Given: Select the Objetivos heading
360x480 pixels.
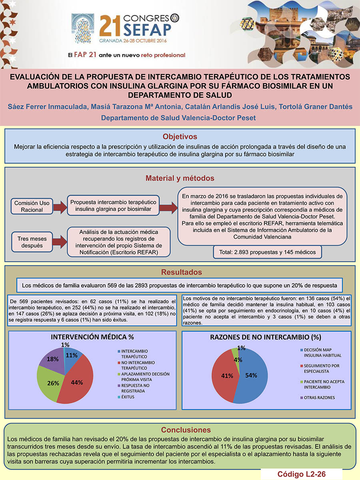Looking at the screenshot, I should click(180, 136).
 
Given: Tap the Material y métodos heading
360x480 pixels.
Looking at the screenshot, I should click(180, 178).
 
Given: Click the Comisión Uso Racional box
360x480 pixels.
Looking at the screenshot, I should click(32, 206).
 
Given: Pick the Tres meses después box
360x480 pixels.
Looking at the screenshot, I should click(32, 242).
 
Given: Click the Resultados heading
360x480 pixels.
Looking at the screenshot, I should click(180, 272).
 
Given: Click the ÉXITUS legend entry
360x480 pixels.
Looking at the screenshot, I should click(128, 397).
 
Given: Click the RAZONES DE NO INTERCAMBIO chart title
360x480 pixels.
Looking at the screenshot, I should click(266, 337).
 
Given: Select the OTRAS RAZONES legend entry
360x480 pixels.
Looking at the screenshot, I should click(319, 398).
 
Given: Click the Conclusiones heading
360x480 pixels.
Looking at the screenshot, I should click(180, 430).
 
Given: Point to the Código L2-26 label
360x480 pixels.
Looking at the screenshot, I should click(302, 474).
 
